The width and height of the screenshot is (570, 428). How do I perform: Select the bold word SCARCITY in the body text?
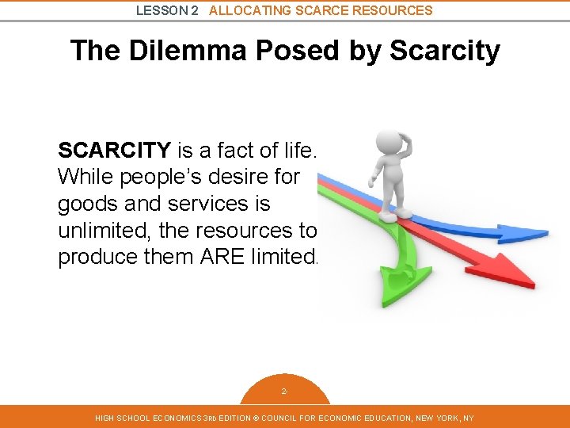pos(114,149)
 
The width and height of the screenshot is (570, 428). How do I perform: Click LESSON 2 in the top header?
pos(167,10)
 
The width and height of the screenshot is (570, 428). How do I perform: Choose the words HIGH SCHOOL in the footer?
pos(120,418)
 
